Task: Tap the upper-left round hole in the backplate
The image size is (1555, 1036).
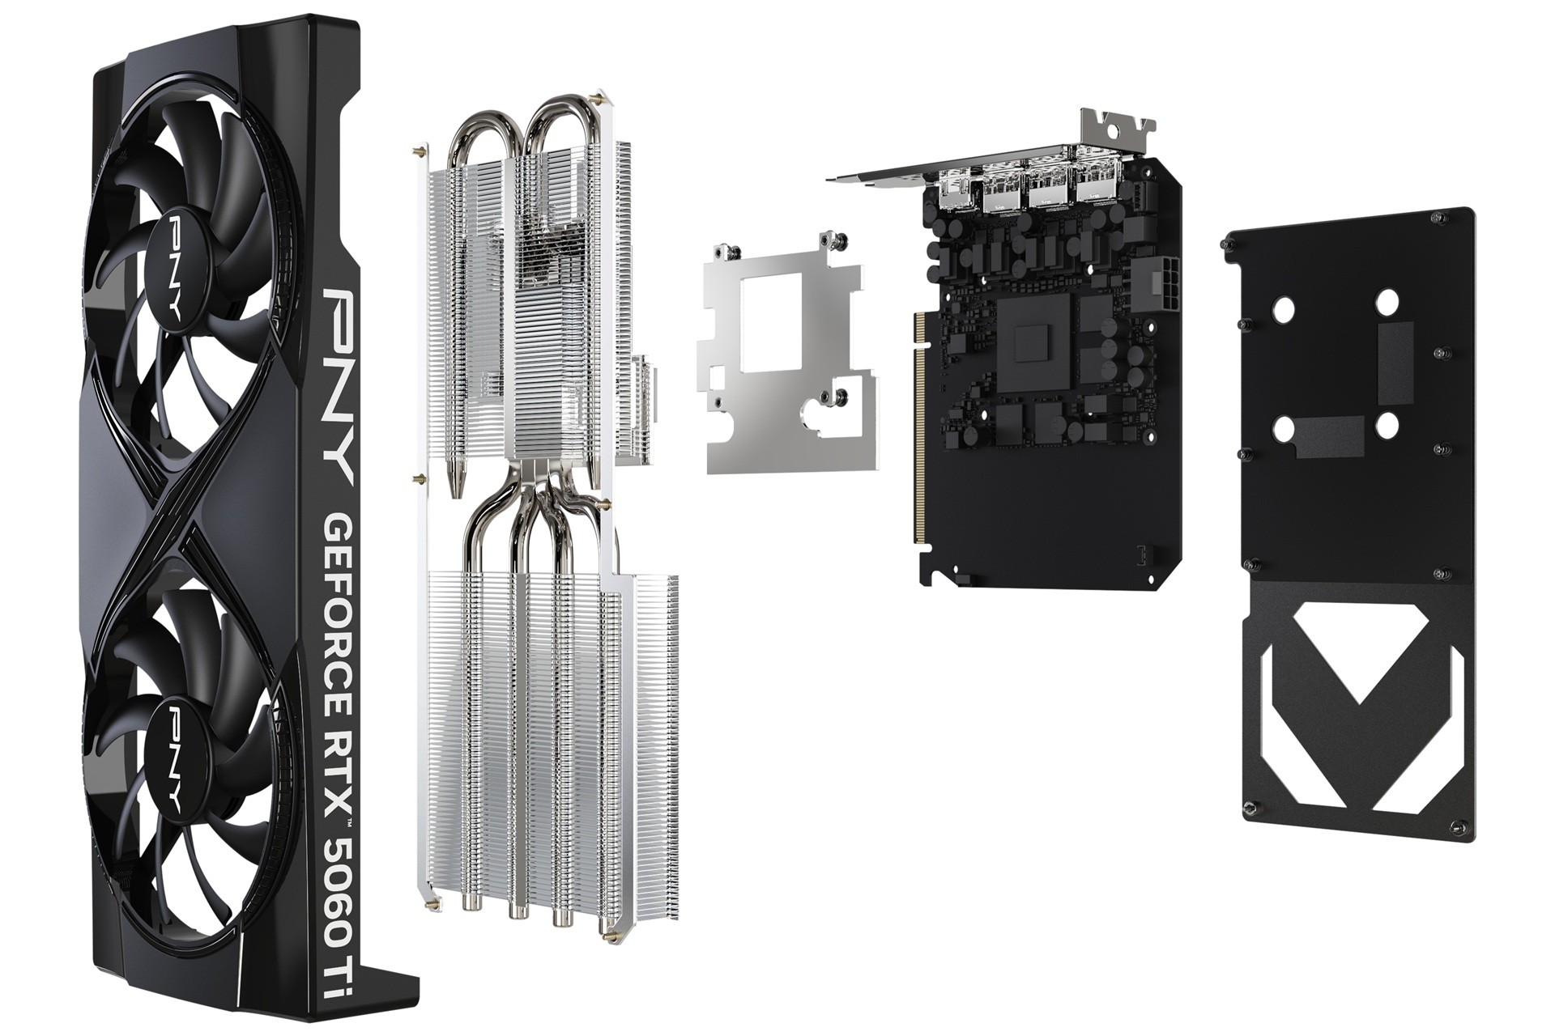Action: coord(1283,308)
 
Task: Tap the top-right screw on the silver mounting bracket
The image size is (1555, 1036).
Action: coord(835,240)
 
